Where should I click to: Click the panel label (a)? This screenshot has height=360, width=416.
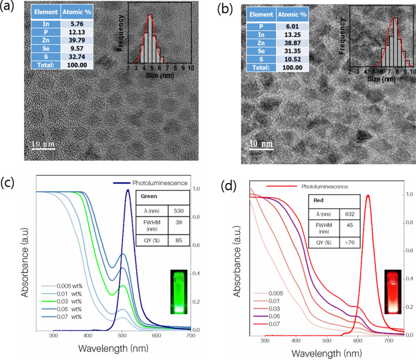coord(9,9)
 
